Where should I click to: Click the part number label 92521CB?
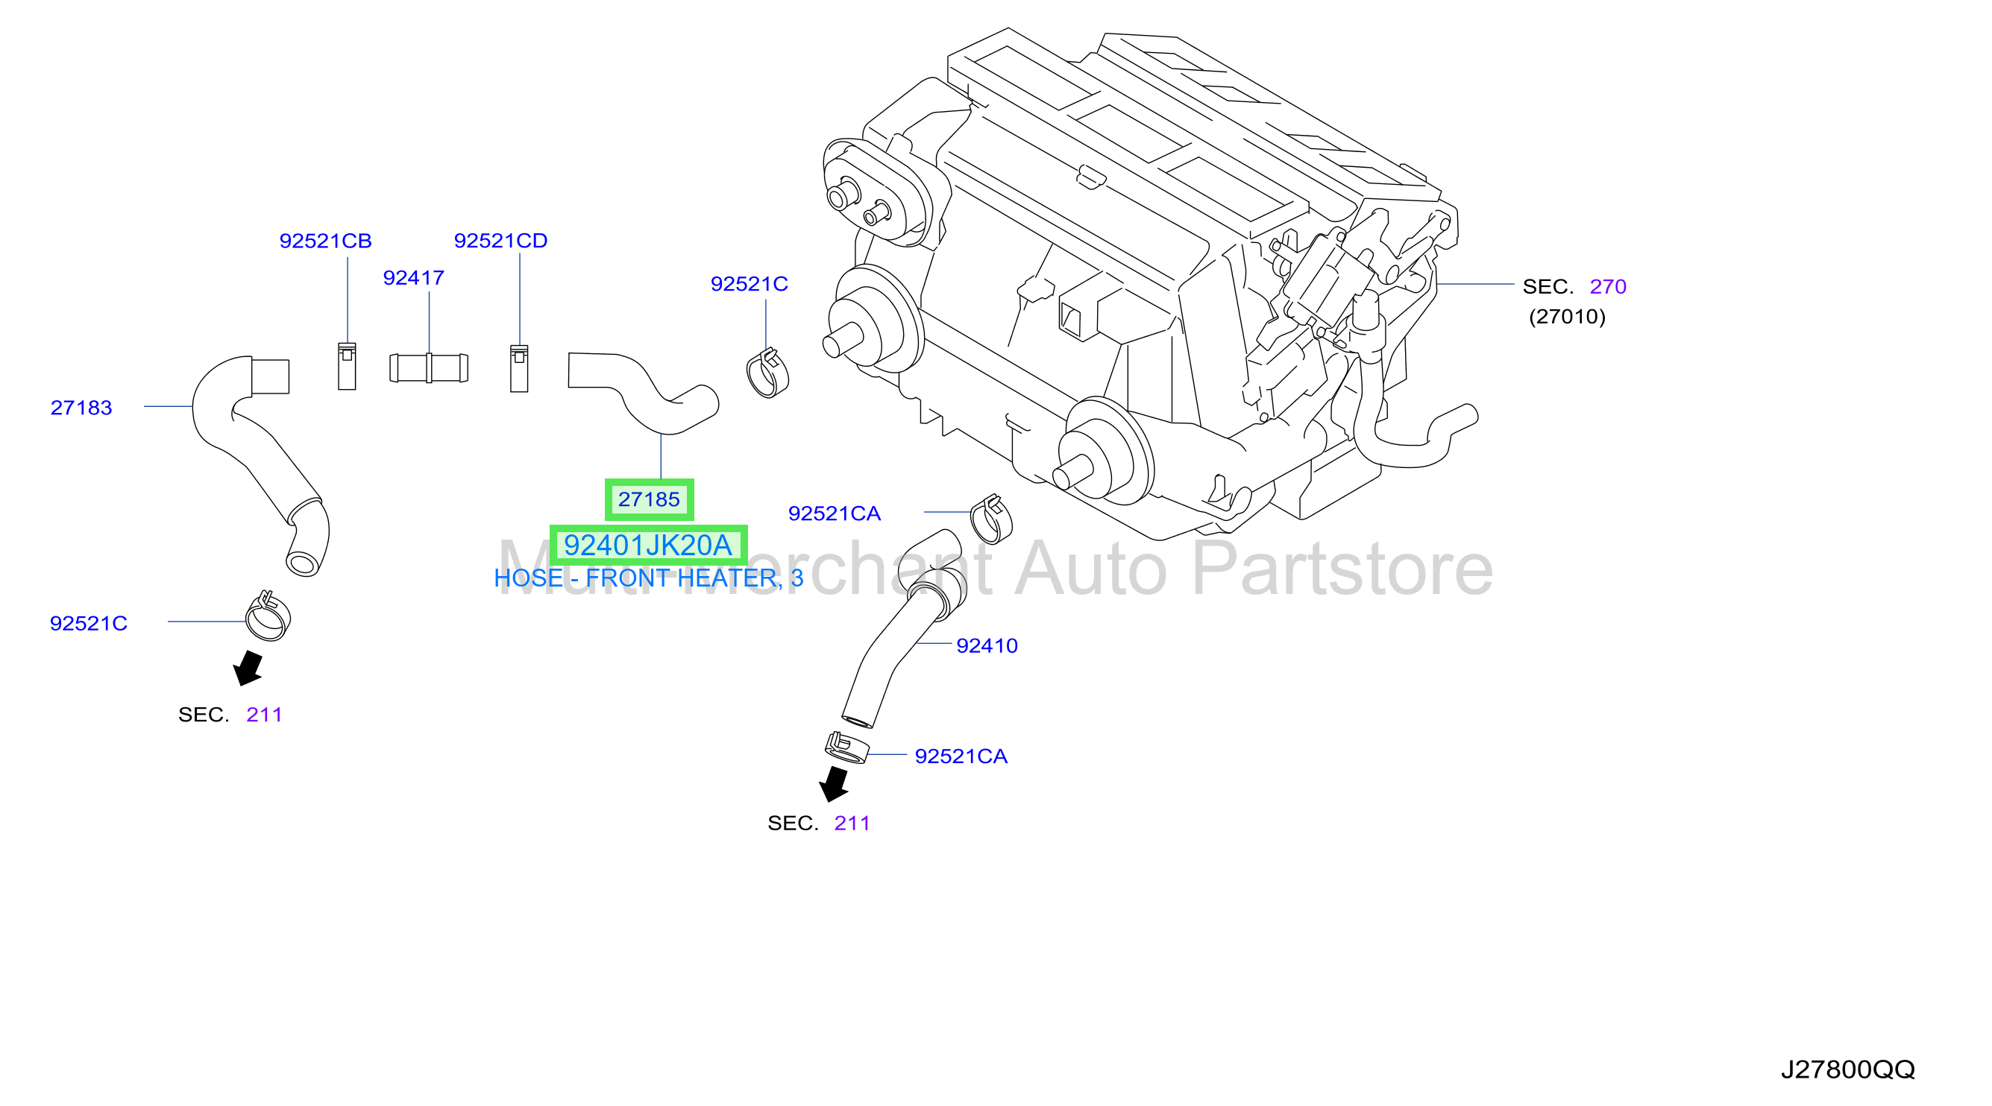coord(326,241)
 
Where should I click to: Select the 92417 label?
coord(414,278)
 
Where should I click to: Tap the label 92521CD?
coord(501,241)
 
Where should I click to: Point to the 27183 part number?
coord(81,408)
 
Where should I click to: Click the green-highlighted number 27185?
coord(649,500)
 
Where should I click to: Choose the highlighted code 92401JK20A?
coord(648,546)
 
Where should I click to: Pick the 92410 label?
coord(987,646)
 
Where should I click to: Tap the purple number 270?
coord(1608,287)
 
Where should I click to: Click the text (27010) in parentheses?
coord(1567,317)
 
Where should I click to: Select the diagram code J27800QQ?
coord(1847,1069)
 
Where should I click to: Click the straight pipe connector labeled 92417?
coord(428,368)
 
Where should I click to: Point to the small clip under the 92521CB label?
coord(348,367)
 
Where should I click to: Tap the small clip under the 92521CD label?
coord(520,369)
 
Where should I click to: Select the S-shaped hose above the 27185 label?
coord(644,393)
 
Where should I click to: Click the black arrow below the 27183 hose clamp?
coord(248,668)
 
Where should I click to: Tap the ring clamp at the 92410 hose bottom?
coord(846,748)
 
